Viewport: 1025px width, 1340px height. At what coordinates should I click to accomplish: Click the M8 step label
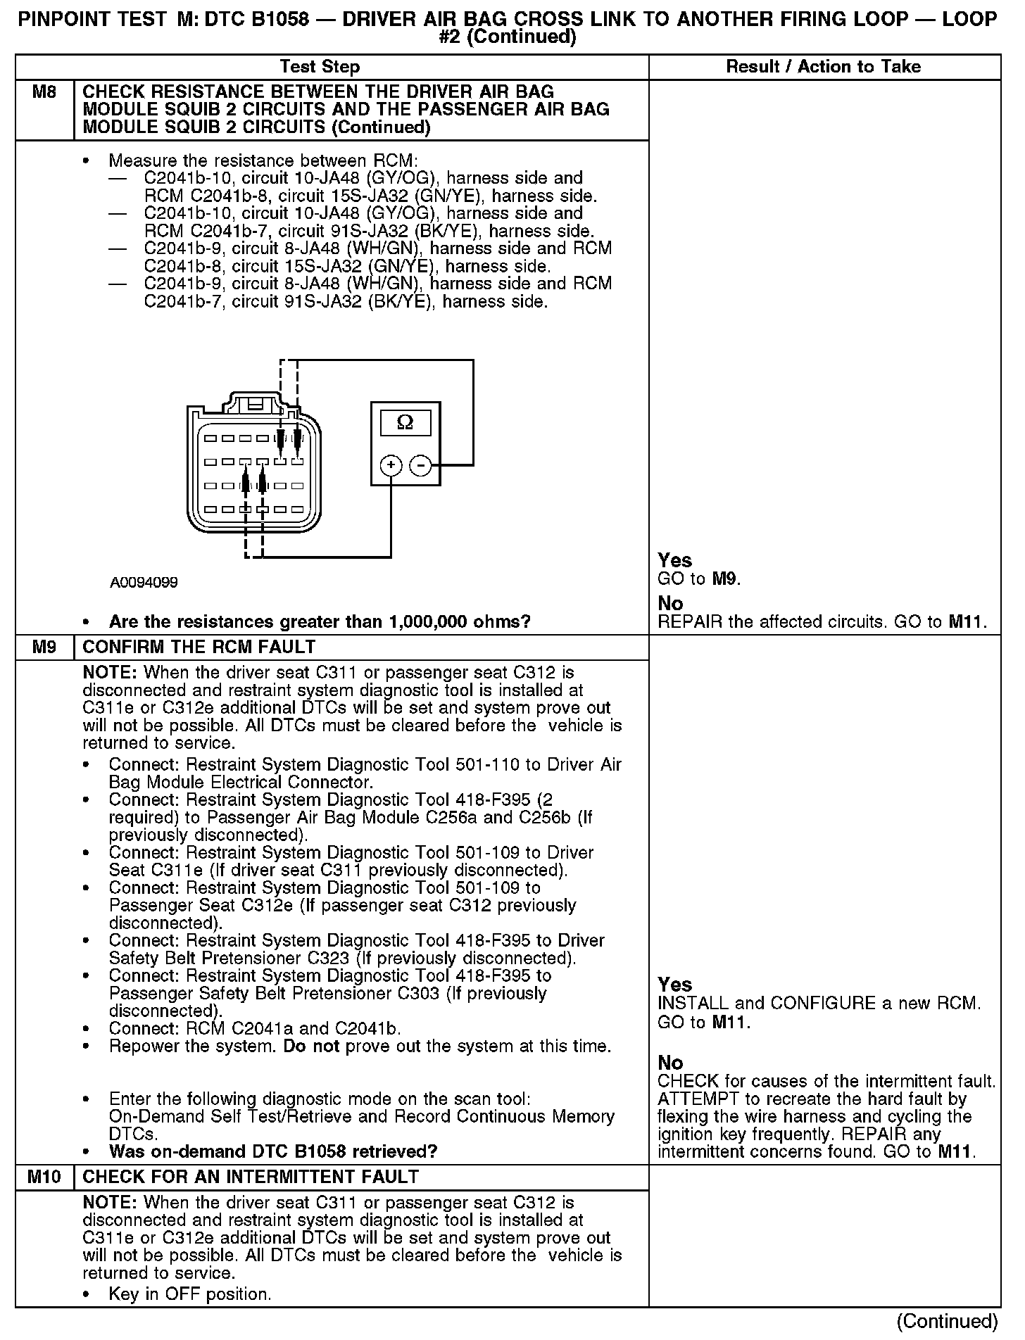pyautogui.click(x=44, y=92)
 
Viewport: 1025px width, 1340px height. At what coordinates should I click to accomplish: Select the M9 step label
pyautogui.click(x=44, y=647)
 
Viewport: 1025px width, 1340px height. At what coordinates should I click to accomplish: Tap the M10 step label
pyautogui.click(x=44, y=1177)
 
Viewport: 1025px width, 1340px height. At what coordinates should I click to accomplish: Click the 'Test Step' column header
pyautogui.click(x=320, y=67)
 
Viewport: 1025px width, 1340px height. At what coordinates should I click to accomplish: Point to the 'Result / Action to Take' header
pyautogui.click(x=823, y=67)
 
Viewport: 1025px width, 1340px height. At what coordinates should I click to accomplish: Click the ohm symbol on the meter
pyautogui.click(x=405, y=422)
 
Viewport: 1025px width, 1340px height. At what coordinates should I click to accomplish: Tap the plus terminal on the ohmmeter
pyautogui.click(x=391, y=465)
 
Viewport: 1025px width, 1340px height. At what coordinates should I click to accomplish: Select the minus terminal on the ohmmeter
pyautogui.click(x=420, y=465)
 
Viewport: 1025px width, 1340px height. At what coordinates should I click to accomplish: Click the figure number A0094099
pyautogui.click(x=144, y=583)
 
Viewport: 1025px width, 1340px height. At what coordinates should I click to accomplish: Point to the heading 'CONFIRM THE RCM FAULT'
pyautogui.click(x=199, y=647)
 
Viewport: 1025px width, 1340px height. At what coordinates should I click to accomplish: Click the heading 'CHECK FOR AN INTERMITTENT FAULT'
pyautogui.click(x=251, y=1177)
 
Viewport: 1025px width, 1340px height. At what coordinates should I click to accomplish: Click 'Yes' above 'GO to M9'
pyautogui.click(x=674, y=560)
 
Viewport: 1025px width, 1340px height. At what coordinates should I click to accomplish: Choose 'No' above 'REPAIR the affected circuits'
pyautogui.click(x=670, y=603)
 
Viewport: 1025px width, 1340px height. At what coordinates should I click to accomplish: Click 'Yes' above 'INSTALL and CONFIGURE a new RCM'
pyautogui.click(x=674, y=985)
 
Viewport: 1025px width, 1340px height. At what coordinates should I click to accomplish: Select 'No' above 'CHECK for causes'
pyautogui.click(x=670, y=1062)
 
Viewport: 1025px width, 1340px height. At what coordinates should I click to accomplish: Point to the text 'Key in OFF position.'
pyautogui.click(x=190, y=1294)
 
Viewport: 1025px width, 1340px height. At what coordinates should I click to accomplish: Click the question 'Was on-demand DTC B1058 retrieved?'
pyautogui.click(x=273, y=1151)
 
